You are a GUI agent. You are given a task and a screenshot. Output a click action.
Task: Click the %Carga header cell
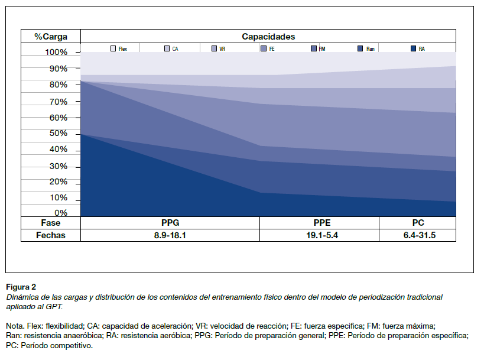(x=50, y=37)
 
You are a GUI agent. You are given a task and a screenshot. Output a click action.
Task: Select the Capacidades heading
(x=268, y=37)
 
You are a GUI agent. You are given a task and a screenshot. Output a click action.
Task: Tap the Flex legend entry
(x=119, y=49)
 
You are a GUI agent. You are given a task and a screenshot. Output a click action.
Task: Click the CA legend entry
(x=171, y=49)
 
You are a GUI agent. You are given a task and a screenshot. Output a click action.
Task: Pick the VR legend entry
(x=219, y=49)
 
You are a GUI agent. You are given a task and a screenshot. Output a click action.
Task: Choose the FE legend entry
(x=268, y=49)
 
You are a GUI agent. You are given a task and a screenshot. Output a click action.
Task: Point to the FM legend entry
(x=318, y=49)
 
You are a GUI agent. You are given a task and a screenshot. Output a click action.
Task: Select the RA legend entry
(x=418, y=49)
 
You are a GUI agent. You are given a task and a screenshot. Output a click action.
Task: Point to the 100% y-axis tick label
(x=57, y=53)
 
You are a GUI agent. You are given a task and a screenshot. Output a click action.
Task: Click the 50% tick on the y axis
(x=59, y=134)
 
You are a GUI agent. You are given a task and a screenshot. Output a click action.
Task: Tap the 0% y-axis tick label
(x=61, y=213)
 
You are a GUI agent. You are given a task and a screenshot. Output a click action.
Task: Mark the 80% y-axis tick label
(x=59, y=85)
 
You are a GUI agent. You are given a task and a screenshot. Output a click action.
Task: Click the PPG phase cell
(x=170, y=223)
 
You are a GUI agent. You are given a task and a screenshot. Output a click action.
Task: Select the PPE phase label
(x=321, y=223)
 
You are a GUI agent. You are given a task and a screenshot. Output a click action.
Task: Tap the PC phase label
(x=417, y=223)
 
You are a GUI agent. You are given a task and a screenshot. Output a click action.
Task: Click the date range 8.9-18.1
(x=170, y=235)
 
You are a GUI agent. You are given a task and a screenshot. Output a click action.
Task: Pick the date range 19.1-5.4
(x=321, y=235)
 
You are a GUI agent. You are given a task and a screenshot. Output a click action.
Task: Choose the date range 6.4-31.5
(x=417, y=235)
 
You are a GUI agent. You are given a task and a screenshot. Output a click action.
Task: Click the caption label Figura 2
(x=21, y=286)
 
